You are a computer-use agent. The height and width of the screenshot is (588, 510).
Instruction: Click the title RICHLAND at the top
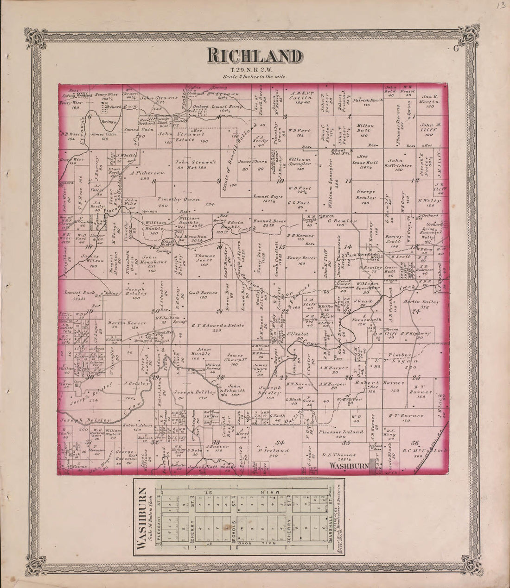(255, 56)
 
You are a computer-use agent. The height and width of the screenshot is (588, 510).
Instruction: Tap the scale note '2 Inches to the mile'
(255, 76)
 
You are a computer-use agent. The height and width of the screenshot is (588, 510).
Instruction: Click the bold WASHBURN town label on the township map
(349, 466)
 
